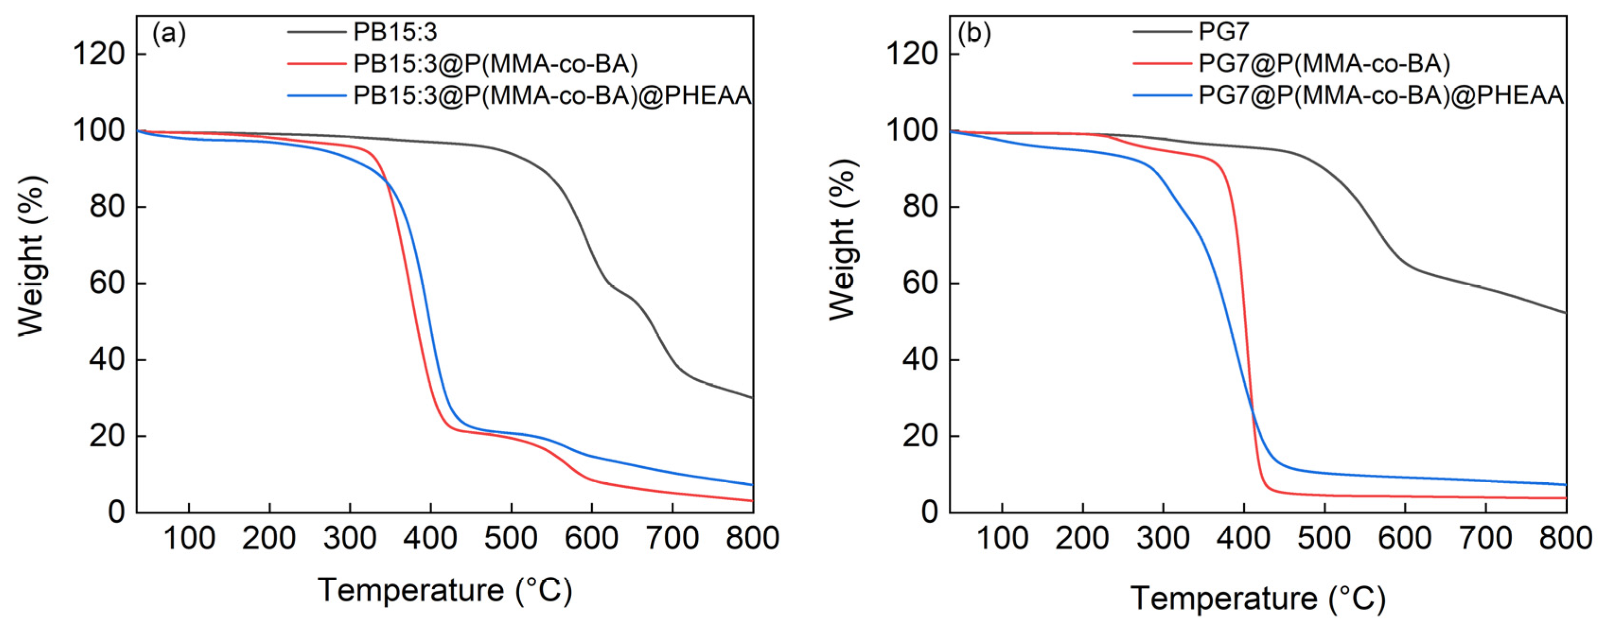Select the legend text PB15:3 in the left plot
pyautogui.click(x=395, y=32)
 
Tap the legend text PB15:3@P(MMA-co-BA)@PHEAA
pyautogui.click(x=552, y=96)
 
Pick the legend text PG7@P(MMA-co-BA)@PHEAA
pyautogui.click(x=1381, y=96)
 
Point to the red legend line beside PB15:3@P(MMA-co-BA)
pyautogui.click(x=316, y=63)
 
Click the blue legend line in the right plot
pyautogui.click(x=1162, y=96)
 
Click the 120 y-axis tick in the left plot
pyautogui.click(x=99, y=54)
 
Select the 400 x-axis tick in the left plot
pyautogui.click(x=430, y=538)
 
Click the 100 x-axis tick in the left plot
pyautogui.click(x=189, y=538)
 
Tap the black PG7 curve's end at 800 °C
pyautogui.click(x=1565, y=313)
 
